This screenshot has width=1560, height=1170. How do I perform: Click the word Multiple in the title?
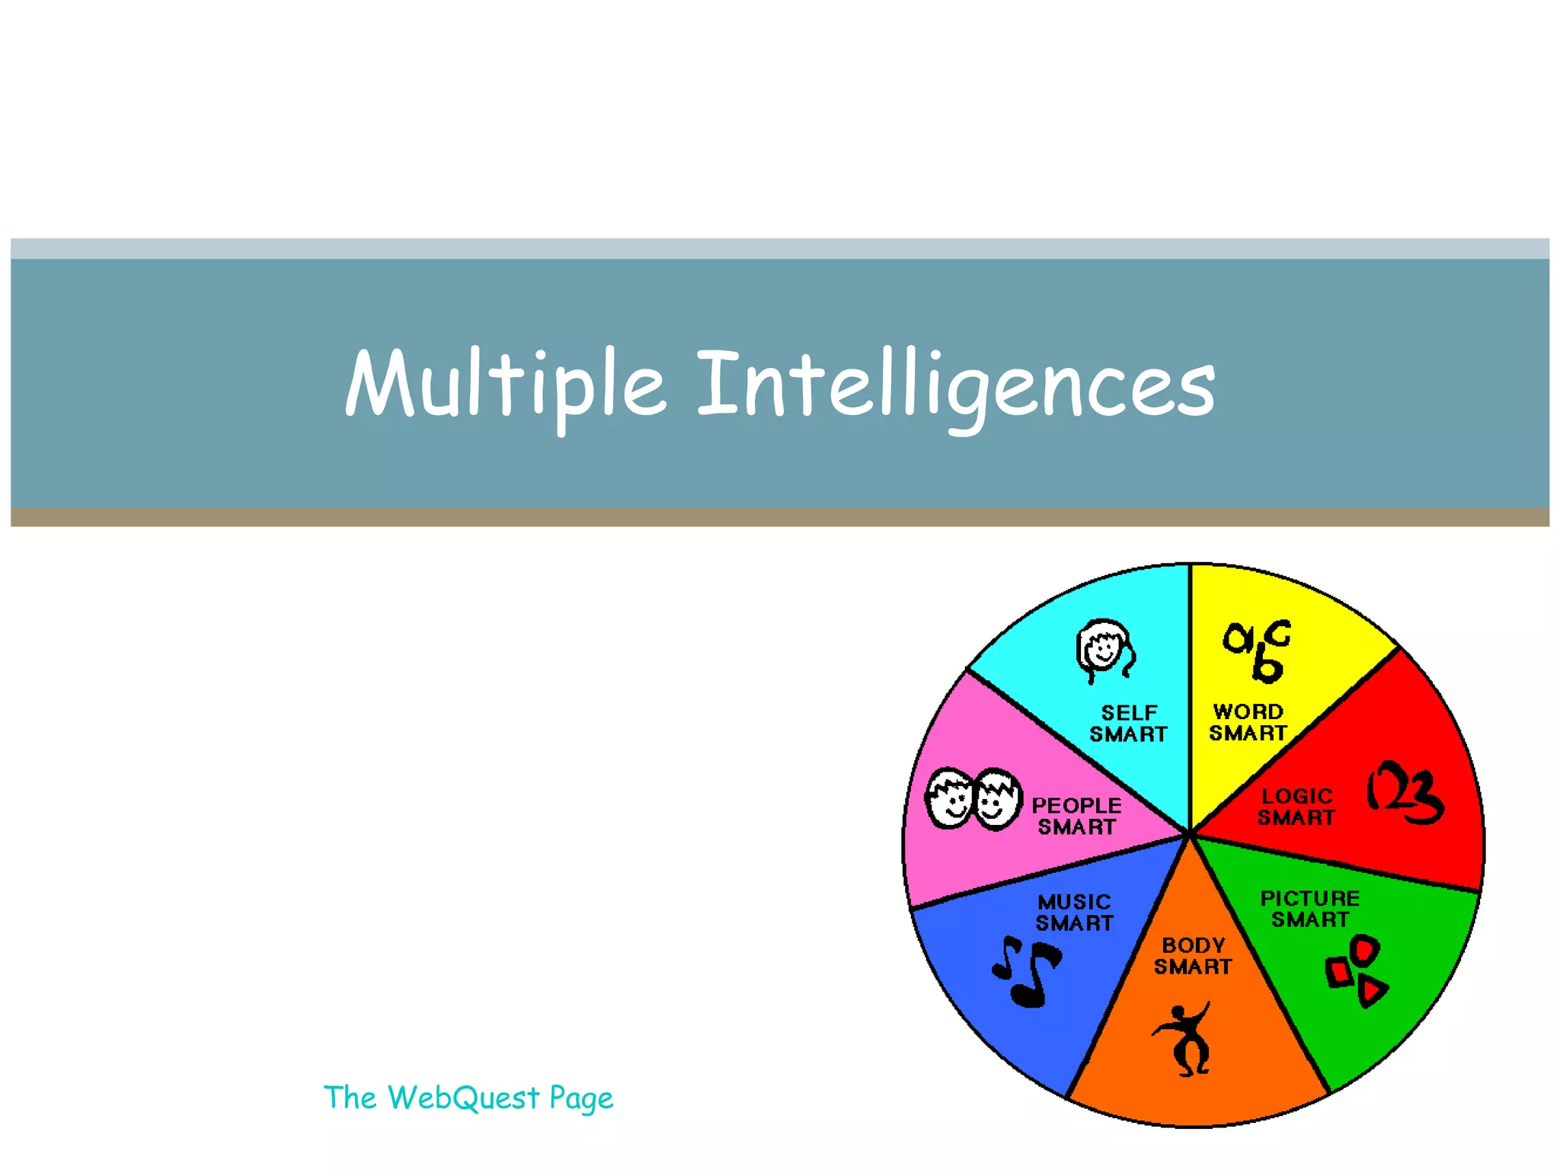pos(506,385)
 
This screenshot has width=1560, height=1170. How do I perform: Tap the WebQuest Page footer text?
pos(468,1098)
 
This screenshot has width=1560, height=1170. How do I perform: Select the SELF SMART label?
pos(1128,724)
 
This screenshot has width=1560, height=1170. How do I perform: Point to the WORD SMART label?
pos(1248,722)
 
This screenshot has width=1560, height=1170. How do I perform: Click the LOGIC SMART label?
pos(1296,807)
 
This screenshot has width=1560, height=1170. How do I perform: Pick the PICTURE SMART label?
pos(1309,909)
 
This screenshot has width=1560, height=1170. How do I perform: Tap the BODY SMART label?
pos(1193,956)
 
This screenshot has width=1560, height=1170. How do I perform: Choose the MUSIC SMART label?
pos(1074,913)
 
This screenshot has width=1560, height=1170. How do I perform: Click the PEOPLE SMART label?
pos(1076,816)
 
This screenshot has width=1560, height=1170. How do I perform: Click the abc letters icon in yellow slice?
pos(1258,650)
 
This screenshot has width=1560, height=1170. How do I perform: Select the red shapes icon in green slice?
pos(1356,971)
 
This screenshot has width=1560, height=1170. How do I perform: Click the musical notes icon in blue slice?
pos(1027,971)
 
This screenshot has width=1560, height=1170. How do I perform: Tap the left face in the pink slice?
pos(948,798)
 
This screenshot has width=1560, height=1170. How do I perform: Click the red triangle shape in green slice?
pos(1372,991)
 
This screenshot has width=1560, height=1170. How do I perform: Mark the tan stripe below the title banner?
pos(780,518)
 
